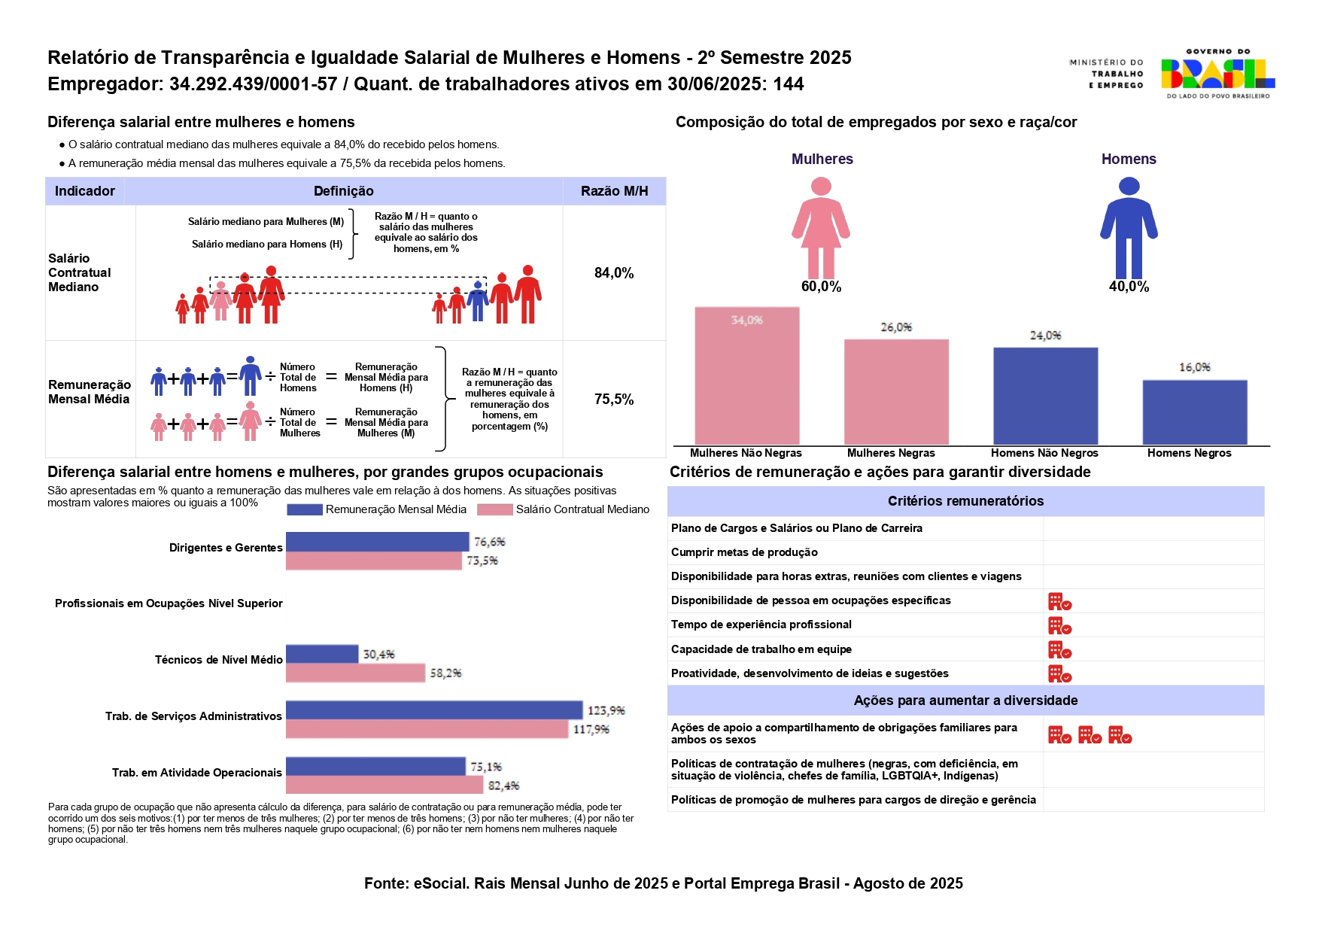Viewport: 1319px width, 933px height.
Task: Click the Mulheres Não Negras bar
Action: point(746,375)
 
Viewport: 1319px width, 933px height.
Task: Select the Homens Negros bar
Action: point(1194,412)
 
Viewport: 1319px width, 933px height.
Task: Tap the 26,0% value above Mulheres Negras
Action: point(896,327)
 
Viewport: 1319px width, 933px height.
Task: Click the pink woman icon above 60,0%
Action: point(821,227)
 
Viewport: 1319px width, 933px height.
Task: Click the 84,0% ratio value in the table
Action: point(614,273)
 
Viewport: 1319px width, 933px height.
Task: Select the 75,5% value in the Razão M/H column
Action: point(614,400)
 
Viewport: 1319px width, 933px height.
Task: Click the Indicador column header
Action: point(85,191)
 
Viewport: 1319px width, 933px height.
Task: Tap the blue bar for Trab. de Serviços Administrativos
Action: point(434,710)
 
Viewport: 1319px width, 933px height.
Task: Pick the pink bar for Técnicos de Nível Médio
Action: point(355,673)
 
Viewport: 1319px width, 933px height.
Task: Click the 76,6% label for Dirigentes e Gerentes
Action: point(489,542)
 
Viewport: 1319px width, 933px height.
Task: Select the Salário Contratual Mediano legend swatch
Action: point(494,510)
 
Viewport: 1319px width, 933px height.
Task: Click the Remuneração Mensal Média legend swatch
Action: point(304,510)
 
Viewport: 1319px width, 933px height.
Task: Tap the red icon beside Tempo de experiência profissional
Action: point(1059,625)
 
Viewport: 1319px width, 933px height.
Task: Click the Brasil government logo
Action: point(1217,74)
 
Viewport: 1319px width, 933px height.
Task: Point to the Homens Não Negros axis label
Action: point(1044,453)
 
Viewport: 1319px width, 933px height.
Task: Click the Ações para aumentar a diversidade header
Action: point(965,701)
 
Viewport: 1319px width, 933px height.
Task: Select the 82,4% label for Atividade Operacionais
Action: point(503,786)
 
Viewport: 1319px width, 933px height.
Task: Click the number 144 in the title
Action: point(789,84)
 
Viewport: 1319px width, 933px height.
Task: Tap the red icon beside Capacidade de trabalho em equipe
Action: point(1059,649)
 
